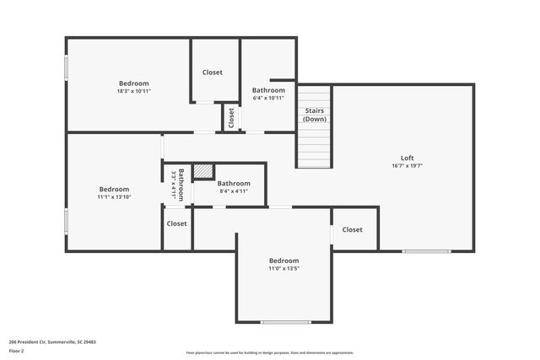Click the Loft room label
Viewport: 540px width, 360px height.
[x=407, y=158]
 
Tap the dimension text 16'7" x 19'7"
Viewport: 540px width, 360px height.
[x=407, y=166]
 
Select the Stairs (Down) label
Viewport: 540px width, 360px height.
[x=314, y=115]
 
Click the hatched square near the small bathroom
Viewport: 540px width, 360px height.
[x=202, y=171]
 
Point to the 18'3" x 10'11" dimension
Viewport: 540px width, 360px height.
[x=133, y=91]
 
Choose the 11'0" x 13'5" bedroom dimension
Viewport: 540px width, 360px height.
[x=283, y=269]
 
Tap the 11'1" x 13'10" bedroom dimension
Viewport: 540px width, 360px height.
[x=114, y=197]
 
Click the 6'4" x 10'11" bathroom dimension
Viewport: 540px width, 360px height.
[x=268, y=99]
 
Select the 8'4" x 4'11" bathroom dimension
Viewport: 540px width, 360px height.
[x=234, y=191]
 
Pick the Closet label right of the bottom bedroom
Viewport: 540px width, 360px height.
[x=353, y=229]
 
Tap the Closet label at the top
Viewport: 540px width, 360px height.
[x=213, y=73]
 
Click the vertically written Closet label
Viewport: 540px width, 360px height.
[x=231, y=117]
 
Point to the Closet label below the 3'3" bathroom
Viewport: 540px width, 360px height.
[x=176, y=223]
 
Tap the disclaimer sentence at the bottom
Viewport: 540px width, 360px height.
[x=270, y=352]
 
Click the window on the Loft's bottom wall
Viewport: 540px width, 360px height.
[x=426, y=251]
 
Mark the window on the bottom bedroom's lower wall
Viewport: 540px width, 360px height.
[x=285, y=322]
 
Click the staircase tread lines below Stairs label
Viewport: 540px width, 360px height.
[x=314, y=148]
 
